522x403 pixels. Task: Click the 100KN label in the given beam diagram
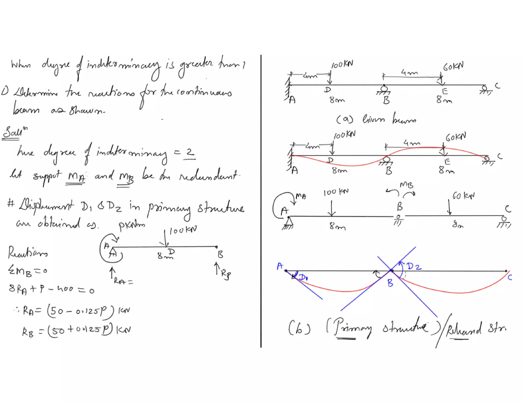(x=342, y=64)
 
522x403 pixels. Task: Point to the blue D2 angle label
(x=414, y=266)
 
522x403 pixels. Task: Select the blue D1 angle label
(x=303, y=277)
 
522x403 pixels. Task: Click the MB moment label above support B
(x=406, y=185)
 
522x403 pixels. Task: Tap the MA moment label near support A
(x=301, y=196)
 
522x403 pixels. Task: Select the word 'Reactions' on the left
(x=28, y=252)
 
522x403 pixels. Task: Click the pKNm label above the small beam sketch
(x=132, y=225)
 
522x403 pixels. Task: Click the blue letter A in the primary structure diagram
(x=280, y=266)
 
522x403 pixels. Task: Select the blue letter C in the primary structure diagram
(x=510, y=277)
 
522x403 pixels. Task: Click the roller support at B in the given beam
(x=384, y=89)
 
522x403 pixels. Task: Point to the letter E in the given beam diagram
(x=445, y=91)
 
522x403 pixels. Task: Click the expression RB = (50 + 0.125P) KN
(x=76, y=330)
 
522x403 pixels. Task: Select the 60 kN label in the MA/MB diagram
(x=463, y=196)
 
